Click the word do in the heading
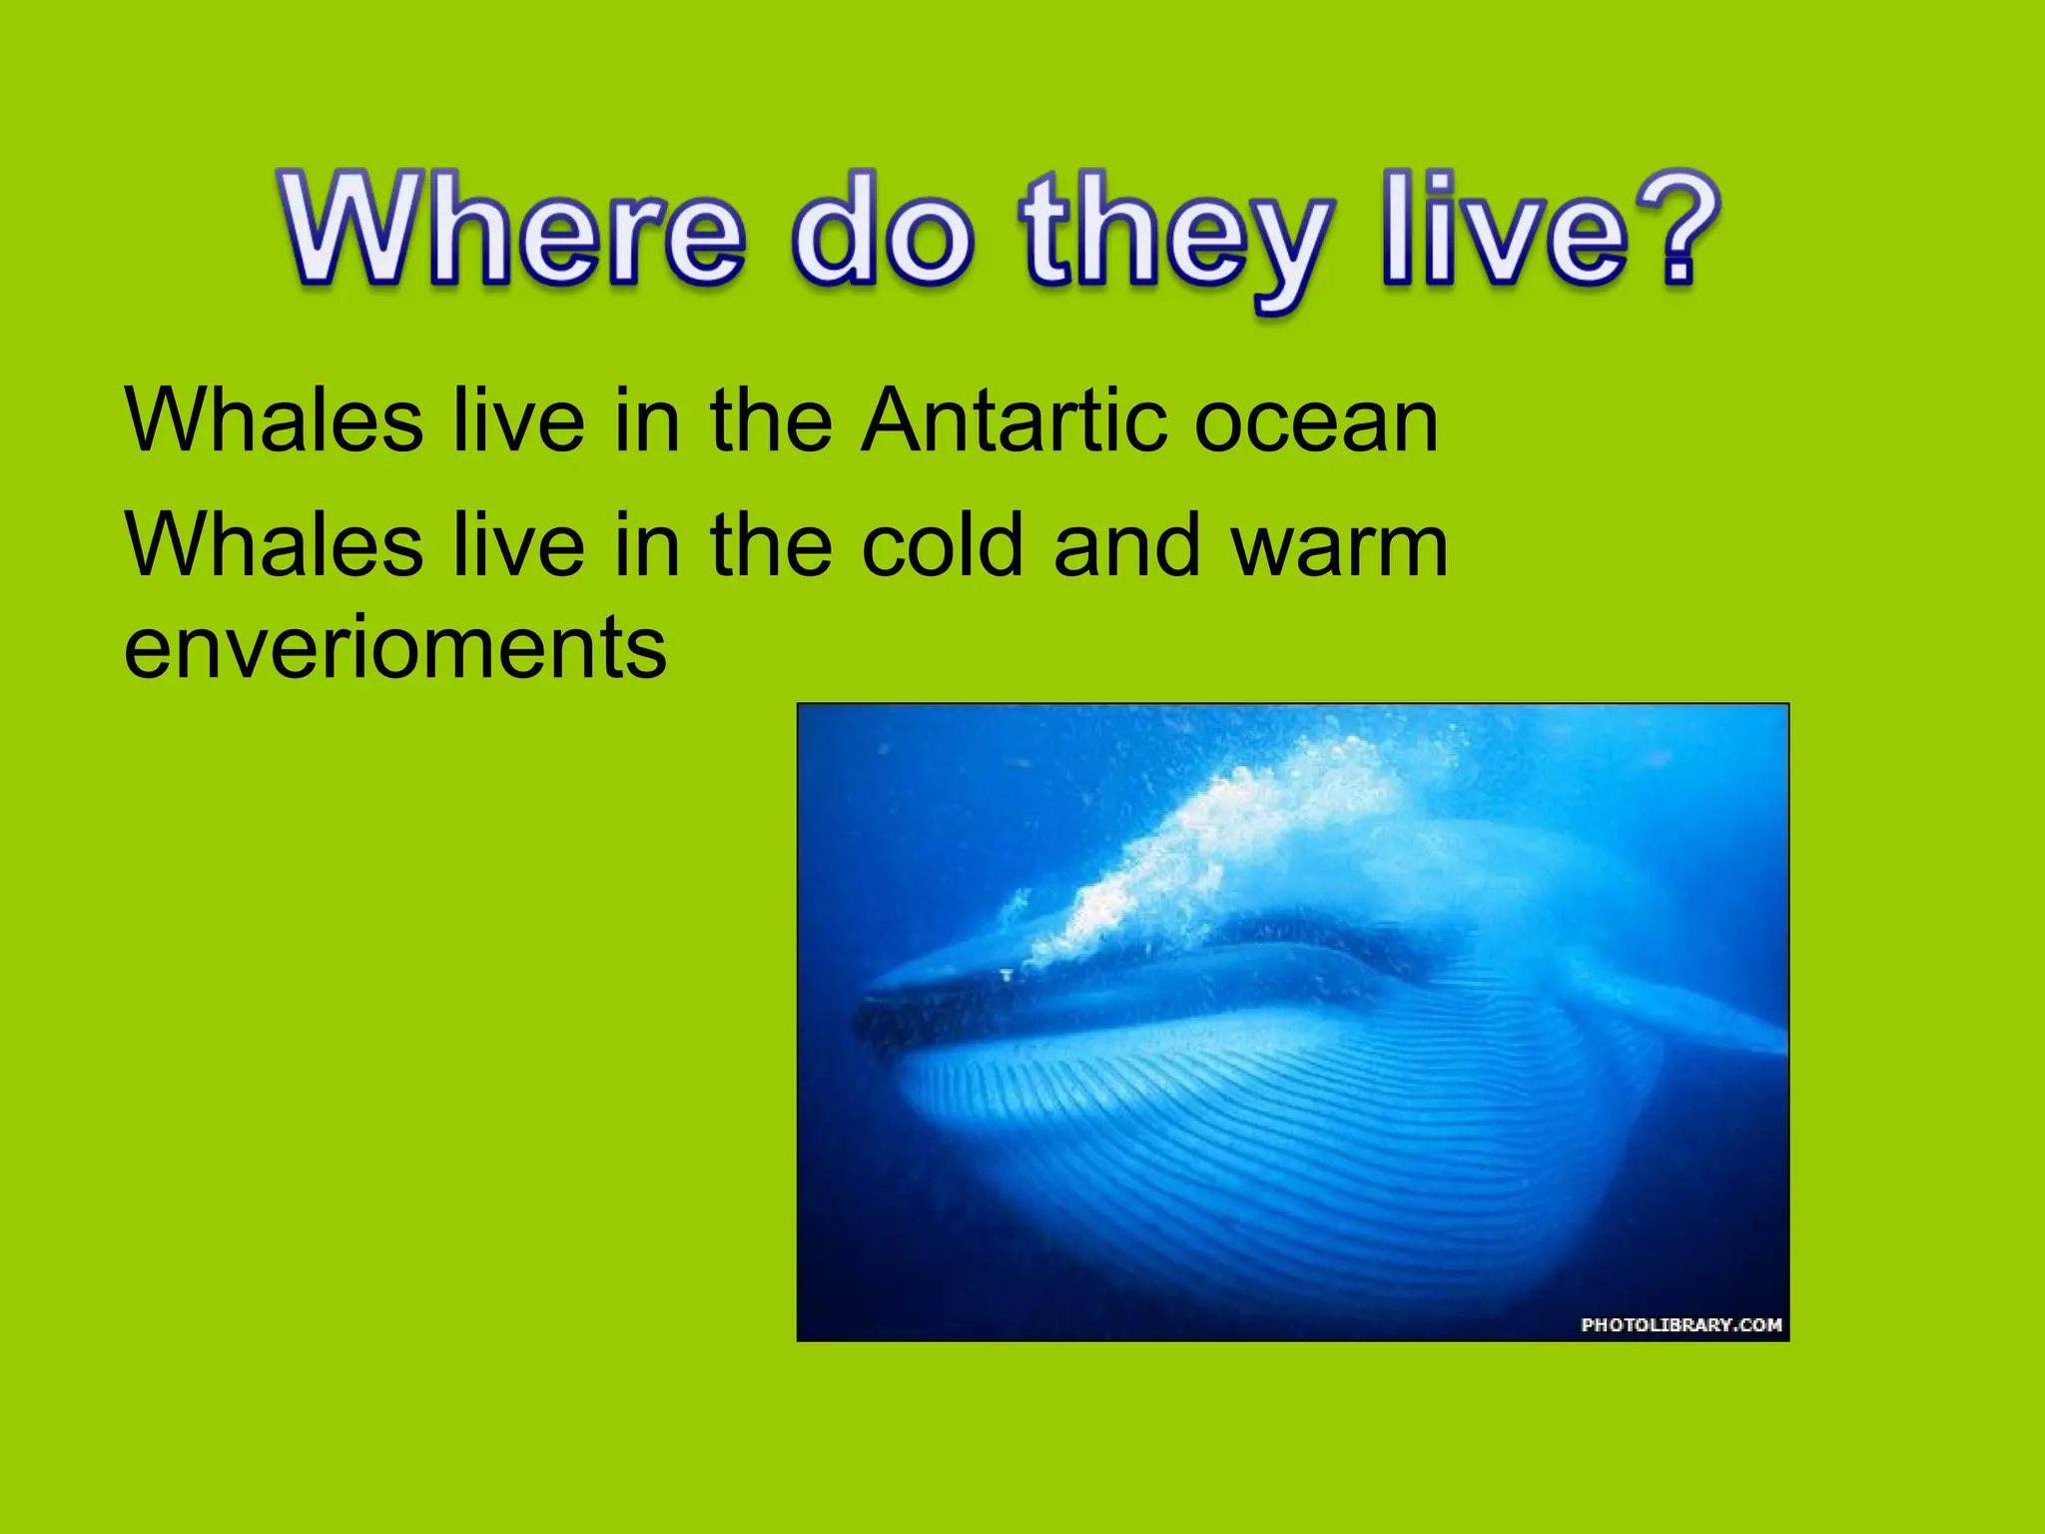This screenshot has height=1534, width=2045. (x=882, y=232)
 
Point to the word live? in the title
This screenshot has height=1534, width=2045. (x=1548, y=232)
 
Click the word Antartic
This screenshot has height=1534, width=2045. (x=1014, y=421)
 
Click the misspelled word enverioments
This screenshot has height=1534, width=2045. (x=394, y=649)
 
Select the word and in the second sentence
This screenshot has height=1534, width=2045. (x=1126, y=546)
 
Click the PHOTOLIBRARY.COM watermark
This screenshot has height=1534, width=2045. (x=1681, y=1324)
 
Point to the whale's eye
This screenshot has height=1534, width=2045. (x=1006, y=974)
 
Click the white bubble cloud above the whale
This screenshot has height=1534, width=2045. (x=1228, y=839)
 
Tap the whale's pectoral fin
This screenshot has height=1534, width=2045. (x=1688, y=1019)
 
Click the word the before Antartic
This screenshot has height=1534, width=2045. (x=770, y=421)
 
